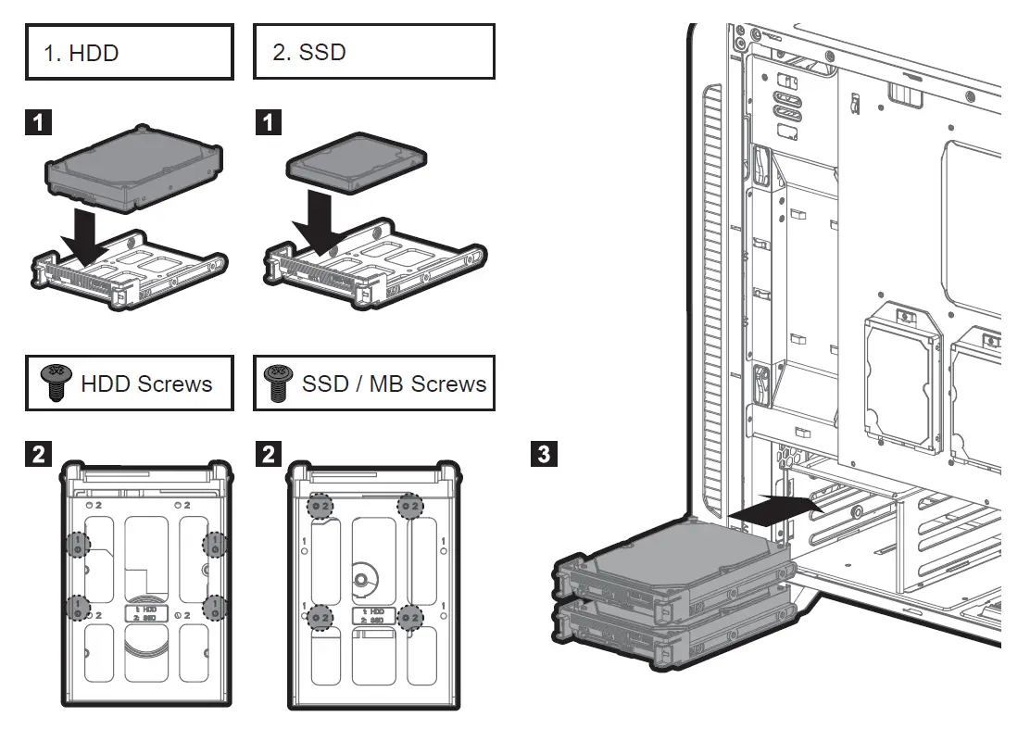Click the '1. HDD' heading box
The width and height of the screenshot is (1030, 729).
[x=128, y=53]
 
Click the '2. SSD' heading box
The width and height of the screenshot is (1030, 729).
[x=373, y=52]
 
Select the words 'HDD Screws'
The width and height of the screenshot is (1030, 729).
[x=146, y=383]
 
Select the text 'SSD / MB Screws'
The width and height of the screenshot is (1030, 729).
[x=394, y=383]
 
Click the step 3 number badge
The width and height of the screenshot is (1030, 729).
[x=544, y=454]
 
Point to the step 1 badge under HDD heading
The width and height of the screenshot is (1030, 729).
[x=37, y=121]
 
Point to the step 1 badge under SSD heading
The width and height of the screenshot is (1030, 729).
[x=267, y=121]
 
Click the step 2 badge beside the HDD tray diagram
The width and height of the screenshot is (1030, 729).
[x=37, y=454]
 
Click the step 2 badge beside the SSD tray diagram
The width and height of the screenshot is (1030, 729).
[x=267, y=454]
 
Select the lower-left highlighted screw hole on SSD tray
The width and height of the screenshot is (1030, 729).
[x=321, y=616]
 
